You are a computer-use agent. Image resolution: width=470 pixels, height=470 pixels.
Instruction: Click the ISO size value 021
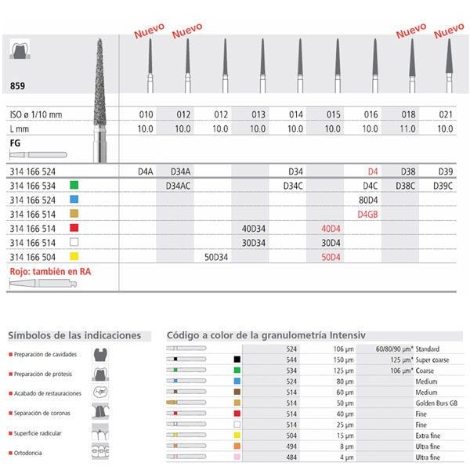pos(446,114)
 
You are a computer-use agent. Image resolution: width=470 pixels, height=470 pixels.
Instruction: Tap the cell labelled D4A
pos(146,170)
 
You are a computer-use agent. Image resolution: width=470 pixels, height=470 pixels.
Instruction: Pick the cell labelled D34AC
pos(183,186)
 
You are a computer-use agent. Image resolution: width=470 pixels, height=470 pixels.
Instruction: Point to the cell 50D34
pos(215,256)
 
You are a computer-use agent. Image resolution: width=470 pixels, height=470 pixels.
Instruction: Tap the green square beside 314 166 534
pos(73,186)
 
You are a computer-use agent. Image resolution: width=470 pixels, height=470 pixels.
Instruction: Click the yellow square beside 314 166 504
pos(73,256)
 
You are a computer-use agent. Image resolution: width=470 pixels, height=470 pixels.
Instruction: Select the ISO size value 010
pos(146,114)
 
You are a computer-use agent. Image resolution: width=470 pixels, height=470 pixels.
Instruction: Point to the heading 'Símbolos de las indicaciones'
pos(74,335)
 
